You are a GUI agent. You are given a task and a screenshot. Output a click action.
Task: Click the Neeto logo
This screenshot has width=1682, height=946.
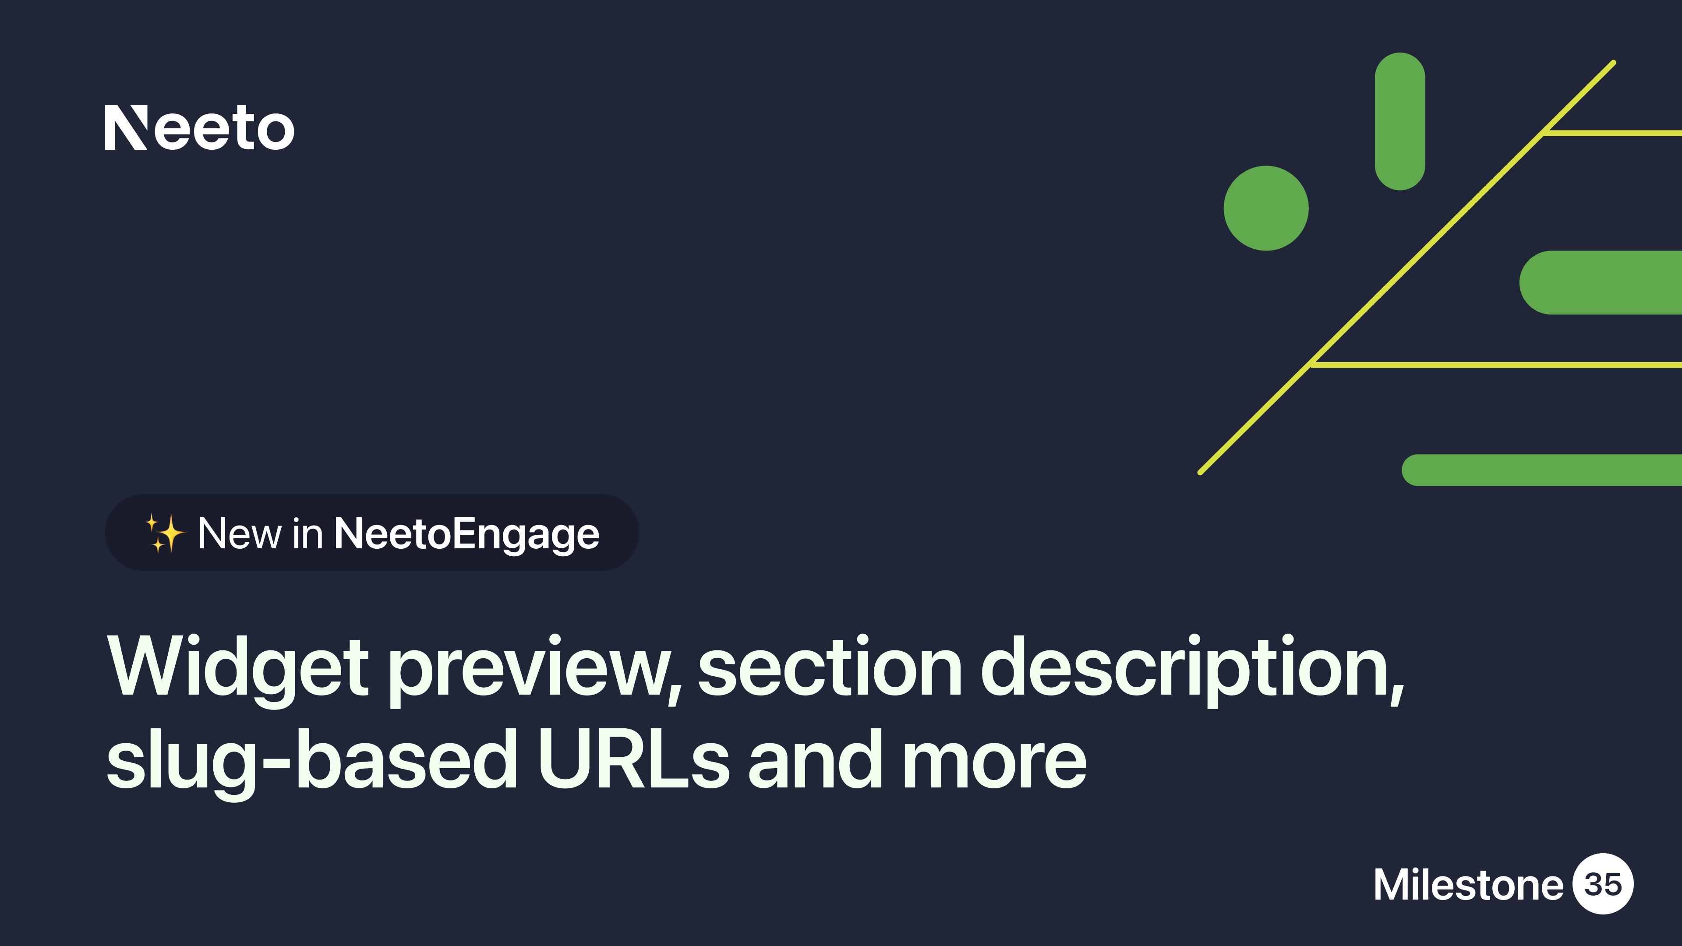(199, 127)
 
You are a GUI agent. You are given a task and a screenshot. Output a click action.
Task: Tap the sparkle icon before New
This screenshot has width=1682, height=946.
(165, 533)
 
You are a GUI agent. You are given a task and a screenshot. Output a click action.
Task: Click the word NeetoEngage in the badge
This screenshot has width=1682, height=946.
(466, 534)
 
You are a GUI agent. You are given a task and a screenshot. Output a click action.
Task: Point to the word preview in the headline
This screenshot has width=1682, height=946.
(535, 670)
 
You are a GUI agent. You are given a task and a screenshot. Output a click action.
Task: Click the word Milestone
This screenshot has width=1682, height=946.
(1469, 885)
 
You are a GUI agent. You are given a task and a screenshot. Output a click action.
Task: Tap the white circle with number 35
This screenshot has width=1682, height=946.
(1603, 883)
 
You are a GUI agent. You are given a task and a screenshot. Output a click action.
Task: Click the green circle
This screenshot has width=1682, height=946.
(1266, 208)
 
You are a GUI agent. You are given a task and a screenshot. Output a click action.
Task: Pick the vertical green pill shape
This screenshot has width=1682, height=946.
(1400, 121)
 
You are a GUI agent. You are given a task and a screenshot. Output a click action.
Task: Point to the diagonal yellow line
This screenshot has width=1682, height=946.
(1406, 268)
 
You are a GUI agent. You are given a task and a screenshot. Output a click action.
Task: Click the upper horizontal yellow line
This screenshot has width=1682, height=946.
(1612, 133)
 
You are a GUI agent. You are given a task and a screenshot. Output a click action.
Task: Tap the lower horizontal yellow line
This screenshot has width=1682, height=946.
(1496, 365)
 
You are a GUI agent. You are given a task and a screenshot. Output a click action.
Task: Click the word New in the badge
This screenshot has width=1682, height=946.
(240, 534)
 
